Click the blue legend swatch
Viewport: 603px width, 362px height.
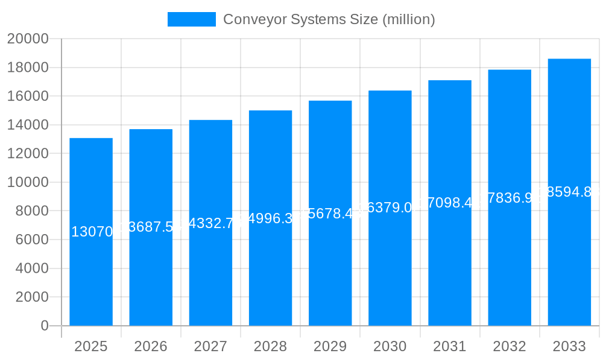(x=191, y=19)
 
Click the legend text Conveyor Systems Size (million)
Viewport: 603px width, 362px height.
(x=329, y=19)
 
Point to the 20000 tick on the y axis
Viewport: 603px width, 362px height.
(x=27, y=39)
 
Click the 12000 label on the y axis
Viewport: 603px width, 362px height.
(x=27, y=154)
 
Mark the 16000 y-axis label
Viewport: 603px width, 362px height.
(x=27, y=97)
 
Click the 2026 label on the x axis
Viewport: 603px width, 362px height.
(x=151, y=346)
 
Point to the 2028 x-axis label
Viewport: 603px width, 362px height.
(x=270, y=346)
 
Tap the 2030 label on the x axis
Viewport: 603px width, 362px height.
(x=390, y=346)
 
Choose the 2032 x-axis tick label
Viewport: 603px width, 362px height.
(x=510, y=346)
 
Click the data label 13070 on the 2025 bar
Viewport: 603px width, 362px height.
(x=92, y=232)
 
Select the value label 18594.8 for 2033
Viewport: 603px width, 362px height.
(x=569, y=192)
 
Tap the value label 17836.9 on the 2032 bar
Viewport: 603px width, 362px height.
(x=510, y=198)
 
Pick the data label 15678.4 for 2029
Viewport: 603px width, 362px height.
(x=330, y=214)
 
